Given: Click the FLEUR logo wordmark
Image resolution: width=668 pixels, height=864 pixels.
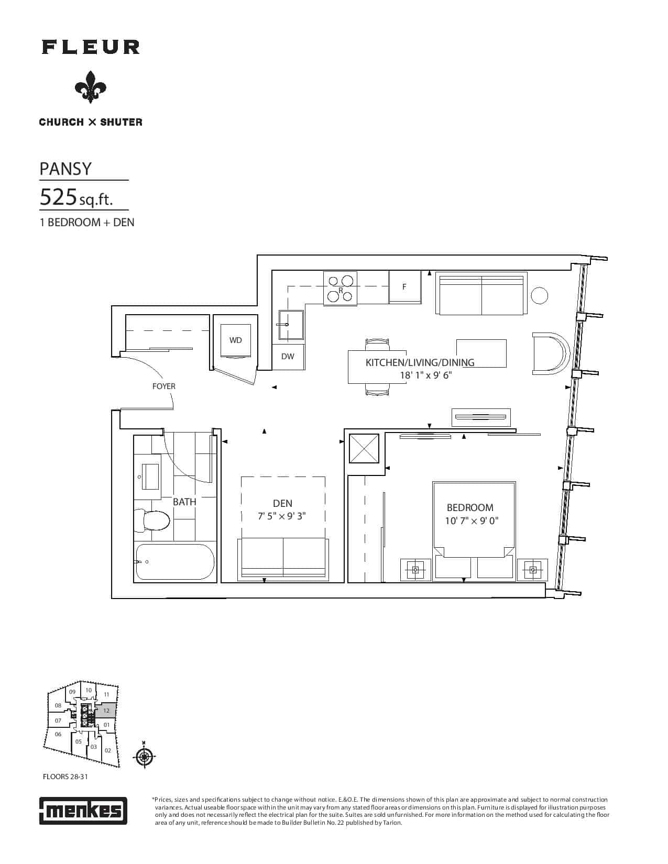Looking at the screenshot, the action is [x=91, y=47].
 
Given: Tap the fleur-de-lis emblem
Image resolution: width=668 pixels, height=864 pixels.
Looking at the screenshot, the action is [x=91, y=87].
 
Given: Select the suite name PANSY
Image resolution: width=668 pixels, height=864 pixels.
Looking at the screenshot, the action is [x=65, y=169].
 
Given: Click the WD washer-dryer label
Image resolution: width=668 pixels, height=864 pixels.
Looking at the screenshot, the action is [x=236, y=340].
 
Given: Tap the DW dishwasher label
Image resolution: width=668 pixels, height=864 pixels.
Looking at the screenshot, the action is [x=288, y=356].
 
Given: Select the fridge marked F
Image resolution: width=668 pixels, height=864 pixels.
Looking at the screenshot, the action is [x=404, y=286].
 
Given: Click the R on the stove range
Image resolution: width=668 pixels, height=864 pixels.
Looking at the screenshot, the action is [x=341, y=291].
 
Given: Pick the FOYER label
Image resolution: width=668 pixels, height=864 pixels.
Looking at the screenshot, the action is [x=164, y=386].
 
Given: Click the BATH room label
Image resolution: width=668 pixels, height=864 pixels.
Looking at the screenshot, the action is [x=184, y=502].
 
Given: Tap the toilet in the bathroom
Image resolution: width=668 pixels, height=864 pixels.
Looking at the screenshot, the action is [x=151, y=520].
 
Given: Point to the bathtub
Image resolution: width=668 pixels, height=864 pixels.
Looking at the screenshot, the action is [x=175, y=562].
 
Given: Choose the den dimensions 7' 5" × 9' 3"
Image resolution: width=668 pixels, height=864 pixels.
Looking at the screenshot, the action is [x=282, y=516].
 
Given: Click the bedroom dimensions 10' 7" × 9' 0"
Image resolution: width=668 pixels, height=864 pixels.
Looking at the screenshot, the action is [x=472, y=520].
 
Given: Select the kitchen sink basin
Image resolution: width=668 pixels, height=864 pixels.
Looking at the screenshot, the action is [x=291, y=325].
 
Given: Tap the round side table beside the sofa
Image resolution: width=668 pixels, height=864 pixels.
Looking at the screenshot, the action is [x=540, y=295].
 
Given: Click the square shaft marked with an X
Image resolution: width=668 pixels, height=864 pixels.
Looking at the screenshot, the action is [x=364, y=448].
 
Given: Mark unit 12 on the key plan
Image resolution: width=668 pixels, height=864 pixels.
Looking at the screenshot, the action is [x=106, y=711].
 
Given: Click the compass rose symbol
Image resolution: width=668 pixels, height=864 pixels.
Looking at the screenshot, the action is [x=144, y=756].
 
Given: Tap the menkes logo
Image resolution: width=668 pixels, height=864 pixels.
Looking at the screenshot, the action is [x=83, y=811].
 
